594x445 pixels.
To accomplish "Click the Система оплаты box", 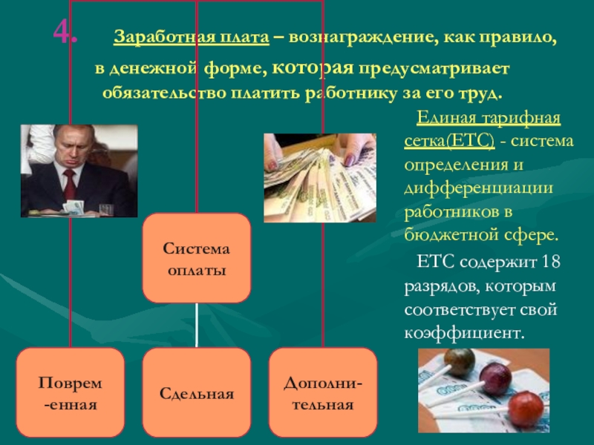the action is (x=196, y=257).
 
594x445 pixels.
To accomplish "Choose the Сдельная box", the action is (x=196, y=392).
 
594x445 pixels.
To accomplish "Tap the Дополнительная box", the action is (x=323, y=391).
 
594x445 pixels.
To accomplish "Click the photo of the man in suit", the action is (x=79, y=171).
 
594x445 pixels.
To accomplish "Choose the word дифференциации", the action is (x=478, y=188).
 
